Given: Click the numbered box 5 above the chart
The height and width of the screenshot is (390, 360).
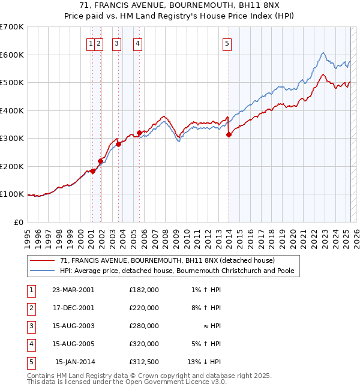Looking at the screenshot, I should (x=227, y=43).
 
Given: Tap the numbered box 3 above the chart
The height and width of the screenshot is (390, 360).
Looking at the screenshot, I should (x=116, y=43).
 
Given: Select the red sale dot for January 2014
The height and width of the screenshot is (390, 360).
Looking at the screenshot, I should (x=229, y=135).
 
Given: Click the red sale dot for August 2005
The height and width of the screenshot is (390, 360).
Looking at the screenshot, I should (x=139, y=133).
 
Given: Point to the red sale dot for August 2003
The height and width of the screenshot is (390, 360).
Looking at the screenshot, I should (x=118, y=144).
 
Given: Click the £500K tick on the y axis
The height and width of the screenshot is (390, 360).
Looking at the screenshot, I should (x=12, y=83).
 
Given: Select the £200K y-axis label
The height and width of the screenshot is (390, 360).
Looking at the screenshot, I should (x=12, y=166).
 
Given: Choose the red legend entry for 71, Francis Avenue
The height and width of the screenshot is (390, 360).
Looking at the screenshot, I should (x=167, y=260).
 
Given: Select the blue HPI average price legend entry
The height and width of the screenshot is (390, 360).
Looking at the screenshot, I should (x=176, y=271).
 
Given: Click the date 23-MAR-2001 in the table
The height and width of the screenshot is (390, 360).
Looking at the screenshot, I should (x=73, y=289).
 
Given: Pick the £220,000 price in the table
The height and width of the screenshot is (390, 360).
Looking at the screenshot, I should (x=144, y=308).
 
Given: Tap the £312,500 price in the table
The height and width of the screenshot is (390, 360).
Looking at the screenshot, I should (x=144, y=362).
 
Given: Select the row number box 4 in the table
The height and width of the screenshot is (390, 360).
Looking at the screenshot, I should (x=31, y=344).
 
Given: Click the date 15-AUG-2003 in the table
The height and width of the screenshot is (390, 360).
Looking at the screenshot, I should (x=73, y=326).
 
